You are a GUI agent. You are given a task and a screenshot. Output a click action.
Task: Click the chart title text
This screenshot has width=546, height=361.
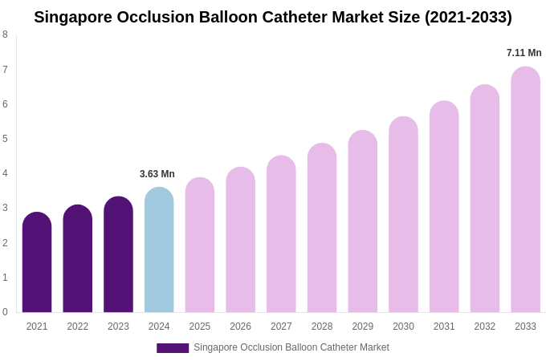point(273,17)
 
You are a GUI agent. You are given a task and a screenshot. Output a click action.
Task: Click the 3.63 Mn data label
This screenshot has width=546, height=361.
point(157,174)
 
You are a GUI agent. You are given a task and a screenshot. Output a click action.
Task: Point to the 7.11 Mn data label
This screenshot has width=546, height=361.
point(524,53)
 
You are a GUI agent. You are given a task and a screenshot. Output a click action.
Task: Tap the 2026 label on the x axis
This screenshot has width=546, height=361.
point(240,327)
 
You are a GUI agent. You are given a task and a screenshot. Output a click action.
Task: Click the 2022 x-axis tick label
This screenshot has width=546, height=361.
point(78,327)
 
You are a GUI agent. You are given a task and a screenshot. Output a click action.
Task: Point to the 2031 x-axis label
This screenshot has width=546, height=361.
point(444,327)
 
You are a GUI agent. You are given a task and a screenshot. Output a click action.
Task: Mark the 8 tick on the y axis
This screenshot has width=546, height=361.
point(5,34)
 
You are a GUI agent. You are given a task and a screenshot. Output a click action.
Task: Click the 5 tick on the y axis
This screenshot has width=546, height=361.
point(5,139)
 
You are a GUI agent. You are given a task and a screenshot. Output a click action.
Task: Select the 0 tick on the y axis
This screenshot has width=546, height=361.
point(5,312)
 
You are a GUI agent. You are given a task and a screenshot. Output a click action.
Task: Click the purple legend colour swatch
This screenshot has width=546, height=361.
point(173,348)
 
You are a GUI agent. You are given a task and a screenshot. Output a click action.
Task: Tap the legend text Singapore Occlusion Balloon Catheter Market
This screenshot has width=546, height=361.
point(291,347)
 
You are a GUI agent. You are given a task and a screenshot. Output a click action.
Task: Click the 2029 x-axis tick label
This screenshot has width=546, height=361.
point(362,327)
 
